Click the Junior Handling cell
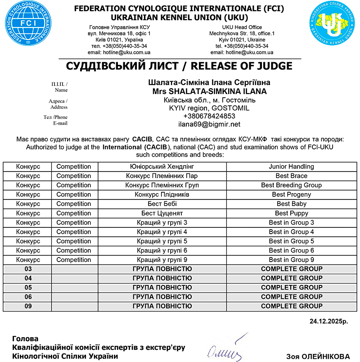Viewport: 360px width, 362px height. [291, 166]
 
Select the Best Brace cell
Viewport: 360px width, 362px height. [291, 176]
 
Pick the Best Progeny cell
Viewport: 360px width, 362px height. [291, 195]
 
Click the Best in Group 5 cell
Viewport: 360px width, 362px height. [291, 241]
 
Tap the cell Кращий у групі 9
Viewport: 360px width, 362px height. [162, 260]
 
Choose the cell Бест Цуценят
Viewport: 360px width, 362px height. [162, 213]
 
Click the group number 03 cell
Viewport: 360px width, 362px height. [28, 269]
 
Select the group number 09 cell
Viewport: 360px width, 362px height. [28, 306]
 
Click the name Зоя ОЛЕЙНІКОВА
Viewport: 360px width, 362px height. [318, 356]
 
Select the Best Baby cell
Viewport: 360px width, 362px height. [291, 204]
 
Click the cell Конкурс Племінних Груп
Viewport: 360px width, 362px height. [162, 185]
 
